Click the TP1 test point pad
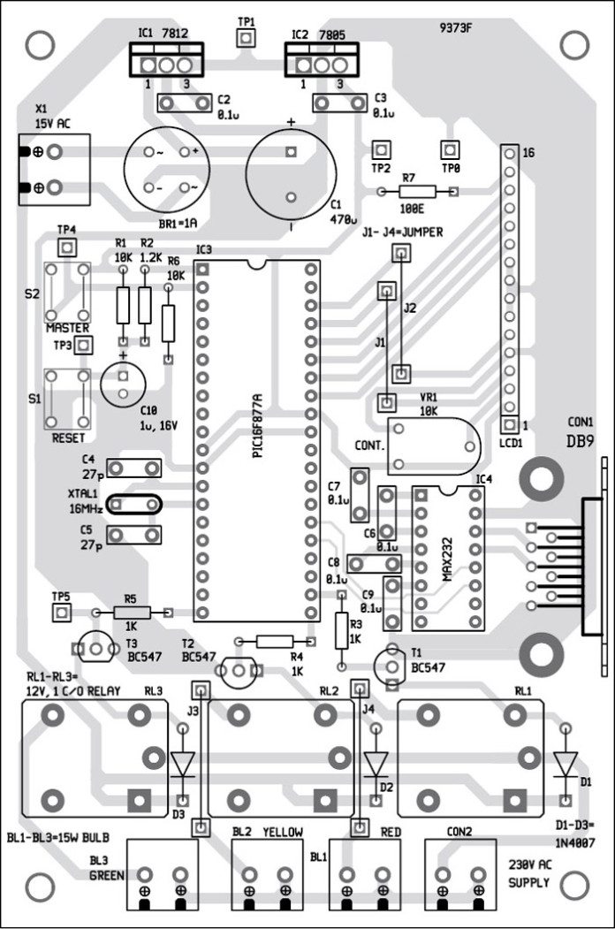(245, 37)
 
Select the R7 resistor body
(417, 192)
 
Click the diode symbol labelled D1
(565, 761)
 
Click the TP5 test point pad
(62, 613)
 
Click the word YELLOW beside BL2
(281, 833)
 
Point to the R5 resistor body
(130, 613)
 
